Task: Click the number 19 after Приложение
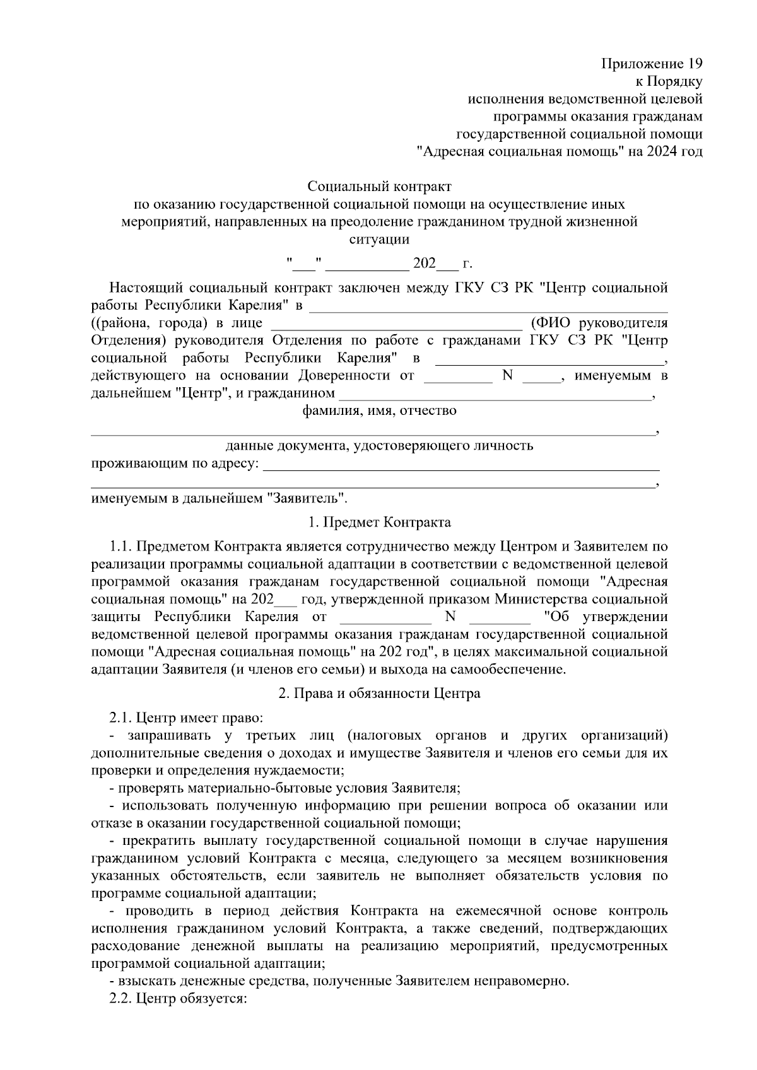(693, 64)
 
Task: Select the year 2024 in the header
(660, 152)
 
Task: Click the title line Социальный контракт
(380, 187)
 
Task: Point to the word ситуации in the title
(380, 240)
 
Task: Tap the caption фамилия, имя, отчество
(380, 411)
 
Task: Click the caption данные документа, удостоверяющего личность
(380, 446)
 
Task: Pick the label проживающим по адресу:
(175, 464)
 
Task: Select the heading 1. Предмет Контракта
(380, 523)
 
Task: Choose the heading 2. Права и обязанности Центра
(380, 694)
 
